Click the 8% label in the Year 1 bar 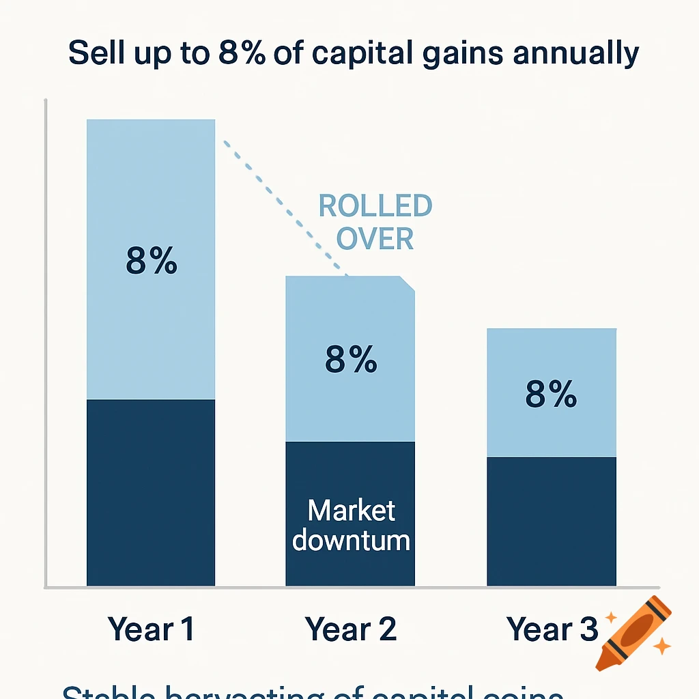coord(151,261)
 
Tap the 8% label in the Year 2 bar coord(350,359)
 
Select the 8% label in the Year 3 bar coord(551,394)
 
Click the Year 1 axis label coord(151,629)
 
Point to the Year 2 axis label coord(350,629)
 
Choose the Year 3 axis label coord(552,629)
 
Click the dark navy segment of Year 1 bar coord(151,492)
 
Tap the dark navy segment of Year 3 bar coord(551,521)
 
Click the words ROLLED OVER coord(375,223)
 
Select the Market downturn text coord(350,525)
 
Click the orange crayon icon coord(633,633)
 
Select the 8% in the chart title coord(242,54)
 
